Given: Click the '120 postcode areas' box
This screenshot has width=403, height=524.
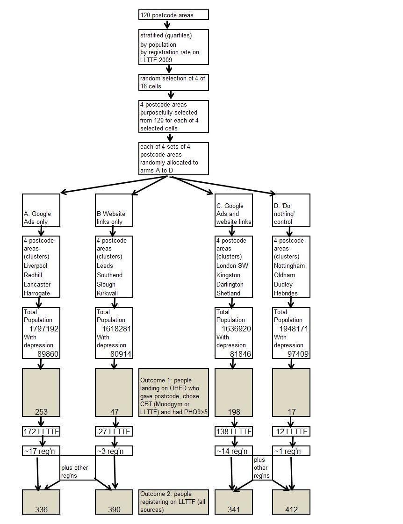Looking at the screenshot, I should (x=173, y=15).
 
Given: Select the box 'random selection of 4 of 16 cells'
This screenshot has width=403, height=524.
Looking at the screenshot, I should (x=173, y=82).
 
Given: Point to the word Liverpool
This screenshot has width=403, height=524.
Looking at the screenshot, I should (x=36, y=266).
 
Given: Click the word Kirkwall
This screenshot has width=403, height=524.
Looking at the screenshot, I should (x=108, y=294).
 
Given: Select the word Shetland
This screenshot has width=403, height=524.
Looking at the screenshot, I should (x=228, y=294).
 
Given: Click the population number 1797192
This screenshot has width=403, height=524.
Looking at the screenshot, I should (x=44, y=329).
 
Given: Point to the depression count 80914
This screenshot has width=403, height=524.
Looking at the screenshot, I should (x=121, y=354).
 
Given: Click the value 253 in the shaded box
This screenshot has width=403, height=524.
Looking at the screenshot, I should (x=42, y=412).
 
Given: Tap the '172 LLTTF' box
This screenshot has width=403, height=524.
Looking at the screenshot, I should (x=41, y=431).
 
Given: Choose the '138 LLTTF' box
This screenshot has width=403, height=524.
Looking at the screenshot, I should (x=234, y=431).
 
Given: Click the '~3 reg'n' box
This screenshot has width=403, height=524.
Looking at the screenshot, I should (x=114, y=451).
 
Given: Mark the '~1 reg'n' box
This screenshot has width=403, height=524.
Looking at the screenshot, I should (x=291, y=451).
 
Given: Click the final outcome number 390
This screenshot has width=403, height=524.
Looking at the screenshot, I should (x=114, y=510).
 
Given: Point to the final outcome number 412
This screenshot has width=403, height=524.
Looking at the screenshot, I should (x=291, y=510).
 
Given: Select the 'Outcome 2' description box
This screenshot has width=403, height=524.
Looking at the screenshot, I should (x=173, y=502).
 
